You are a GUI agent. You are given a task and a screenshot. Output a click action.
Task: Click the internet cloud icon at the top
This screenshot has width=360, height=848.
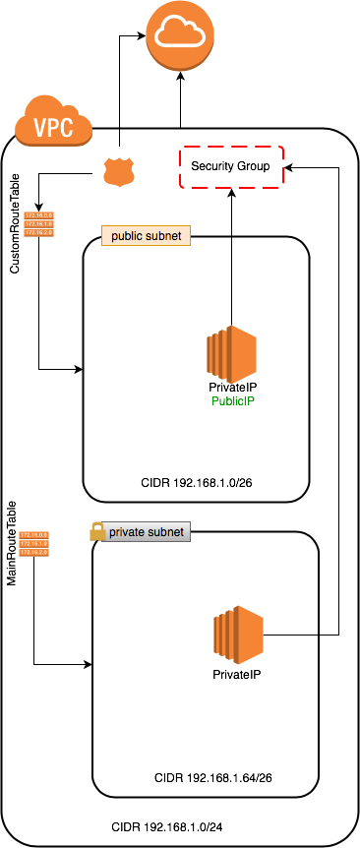(x=180, y=35)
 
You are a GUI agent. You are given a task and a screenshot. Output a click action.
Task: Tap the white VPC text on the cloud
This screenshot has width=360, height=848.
(x=53, y=128)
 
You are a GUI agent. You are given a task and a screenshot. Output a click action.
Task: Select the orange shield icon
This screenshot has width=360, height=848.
(x=118, y=172)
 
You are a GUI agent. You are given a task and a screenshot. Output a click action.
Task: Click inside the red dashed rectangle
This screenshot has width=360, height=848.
(x=231, y=167)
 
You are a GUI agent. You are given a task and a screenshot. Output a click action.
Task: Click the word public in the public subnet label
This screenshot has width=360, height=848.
(x=128, y=236)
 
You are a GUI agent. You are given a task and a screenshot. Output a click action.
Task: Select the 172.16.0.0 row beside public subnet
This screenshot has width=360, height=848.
(x=38, y=214)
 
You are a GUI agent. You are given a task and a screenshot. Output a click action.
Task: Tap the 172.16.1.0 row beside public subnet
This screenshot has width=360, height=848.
(x=38, y=224)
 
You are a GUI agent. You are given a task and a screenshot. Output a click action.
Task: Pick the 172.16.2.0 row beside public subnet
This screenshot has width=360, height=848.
(x=38, y=233)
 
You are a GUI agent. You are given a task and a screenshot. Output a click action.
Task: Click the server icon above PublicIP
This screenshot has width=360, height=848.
(x=231, y=354)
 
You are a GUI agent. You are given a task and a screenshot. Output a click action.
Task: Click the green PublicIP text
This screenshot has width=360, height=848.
(x=233, y=401)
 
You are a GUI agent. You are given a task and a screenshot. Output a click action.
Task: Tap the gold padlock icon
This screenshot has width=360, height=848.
(x=97, y=531)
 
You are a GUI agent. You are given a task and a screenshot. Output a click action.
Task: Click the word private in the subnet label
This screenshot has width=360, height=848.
(x=126, y=531)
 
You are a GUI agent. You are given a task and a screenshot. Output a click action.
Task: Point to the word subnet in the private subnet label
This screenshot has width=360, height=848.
(x=165, y=531)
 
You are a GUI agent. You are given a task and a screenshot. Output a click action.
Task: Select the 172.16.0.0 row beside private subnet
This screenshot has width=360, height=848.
(x=33, y=535)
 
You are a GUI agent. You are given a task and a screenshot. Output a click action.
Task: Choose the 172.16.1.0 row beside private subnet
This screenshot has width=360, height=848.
(x=33, y=544)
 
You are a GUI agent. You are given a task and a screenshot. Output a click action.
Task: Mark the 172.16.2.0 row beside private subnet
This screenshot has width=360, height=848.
(x=33, y=553)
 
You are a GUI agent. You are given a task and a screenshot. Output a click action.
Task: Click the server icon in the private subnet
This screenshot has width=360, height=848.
(x=239, y=634)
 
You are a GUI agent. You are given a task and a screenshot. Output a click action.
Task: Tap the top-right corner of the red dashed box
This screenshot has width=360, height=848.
(x=282, y=148)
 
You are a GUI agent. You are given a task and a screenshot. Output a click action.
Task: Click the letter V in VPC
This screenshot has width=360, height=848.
(x=40, y=128)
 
